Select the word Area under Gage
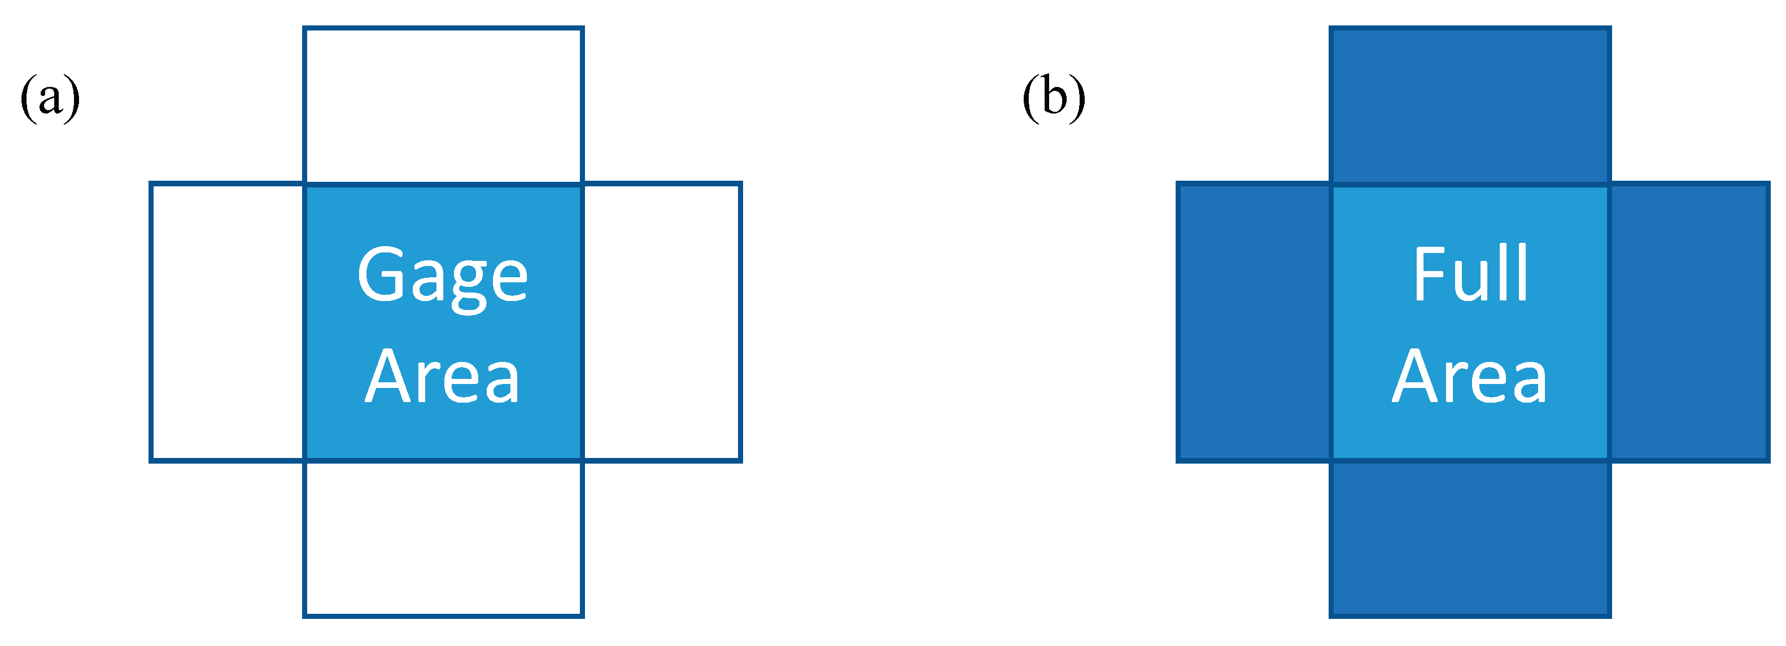pyautogui.click(x=442, y=377)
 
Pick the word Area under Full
pyautogui.click(x=1469, y=377)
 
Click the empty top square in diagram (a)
pyautogui.click(x=443, y=106)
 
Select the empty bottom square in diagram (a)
pyautogui.click(x=443, y=539)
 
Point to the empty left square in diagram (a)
pyautogui.click(x=228, y=322)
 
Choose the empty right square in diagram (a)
pyautogui.click(x=662, y=322)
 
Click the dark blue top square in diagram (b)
pyautogui.click(x=1470, y=106)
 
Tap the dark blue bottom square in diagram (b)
pyautogui.click(x=1470, y=539)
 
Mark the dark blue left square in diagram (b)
pyautogui.click(x=1254, y=322)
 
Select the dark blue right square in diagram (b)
pyautogui.click(x=1688, y=322)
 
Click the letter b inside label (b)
pyautogui.click(x=1054, y=98)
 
